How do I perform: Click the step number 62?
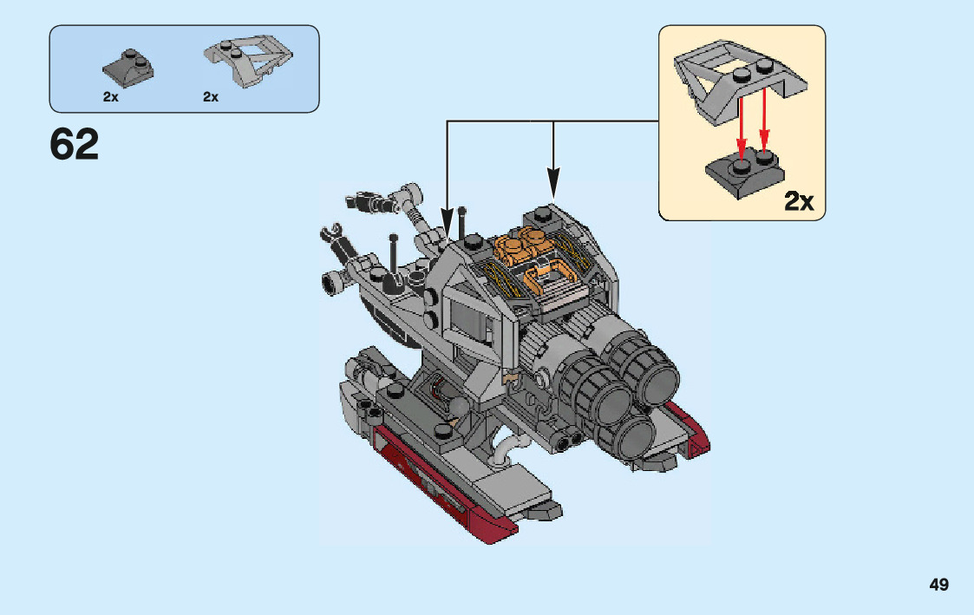tap(75, 145)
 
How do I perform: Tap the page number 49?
tap(938, 585)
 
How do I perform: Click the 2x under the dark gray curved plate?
tap(110, 97)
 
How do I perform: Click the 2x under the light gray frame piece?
tap(211, 97)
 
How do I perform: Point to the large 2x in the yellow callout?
tap(799, 201)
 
